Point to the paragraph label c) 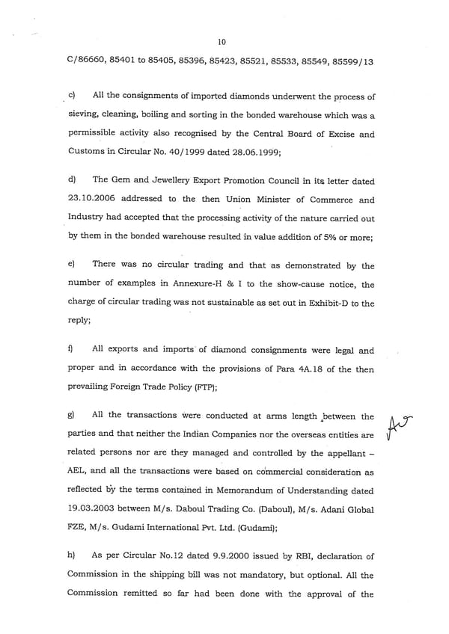[x=72, y=96]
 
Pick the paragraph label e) [x=72, y=265]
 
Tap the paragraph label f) [x=71, y=348]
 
